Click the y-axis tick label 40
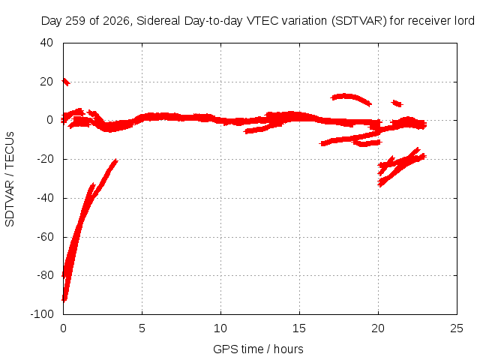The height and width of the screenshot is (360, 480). (x=46, y=43)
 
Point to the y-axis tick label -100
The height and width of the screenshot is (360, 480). (x=42, y=313)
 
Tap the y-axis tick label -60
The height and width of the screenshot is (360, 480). (x=45, y=237)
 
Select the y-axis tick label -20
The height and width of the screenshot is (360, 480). (x=45, y=159)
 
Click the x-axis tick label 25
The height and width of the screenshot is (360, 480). (x=457, y=328)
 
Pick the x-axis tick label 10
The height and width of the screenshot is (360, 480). (x=220, y=328)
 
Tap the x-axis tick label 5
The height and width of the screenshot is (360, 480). (x=142, y=328)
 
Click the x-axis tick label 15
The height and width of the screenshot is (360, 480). (x=299, y=328)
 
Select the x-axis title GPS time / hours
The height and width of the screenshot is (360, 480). (x=258, y=349)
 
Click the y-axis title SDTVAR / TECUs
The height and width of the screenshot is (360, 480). (x=10, y=179)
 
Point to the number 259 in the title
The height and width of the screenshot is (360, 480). (x=76, y=21)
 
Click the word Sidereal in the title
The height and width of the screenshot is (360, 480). (x=158, y=21)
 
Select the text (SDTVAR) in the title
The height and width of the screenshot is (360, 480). (x=359, y=21)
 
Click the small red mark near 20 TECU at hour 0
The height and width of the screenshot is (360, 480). (x=66, y=82)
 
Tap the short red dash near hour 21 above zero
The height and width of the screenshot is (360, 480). (x=397, y=103)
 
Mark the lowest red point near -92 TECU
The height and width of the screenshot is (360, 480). (x=64, y=299)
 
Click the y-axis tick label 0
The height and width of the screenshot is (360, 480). (x=50, y=120)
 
